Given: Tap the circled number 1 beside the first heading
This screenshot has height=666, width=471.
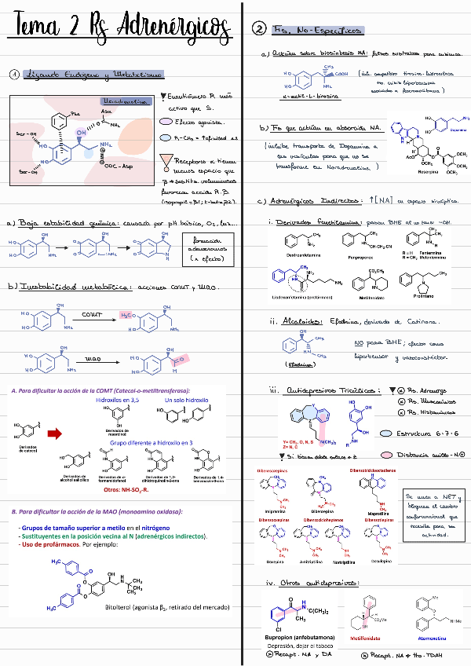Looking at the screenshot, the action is pyautogui.click(x=15, y=75).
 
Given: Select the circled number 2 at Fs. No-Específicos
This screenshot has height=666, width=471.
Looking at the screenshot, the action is pyautogui.click(x=259, y=30).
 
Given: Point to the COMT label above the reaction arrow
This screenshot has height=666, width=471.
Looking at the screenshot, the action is pyautogui.click(x=93, y=314).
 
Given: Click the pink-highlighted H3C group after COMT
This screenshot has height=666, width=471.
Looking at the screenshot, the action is pyautogui.click(x=127, y=316).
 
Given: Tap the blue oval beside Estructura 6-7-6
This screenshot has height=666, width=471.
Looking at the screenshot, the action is pyautogui.click(x=385, y=432).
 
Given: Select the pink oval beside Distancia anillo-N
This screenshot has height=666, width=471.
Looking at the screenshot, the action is pyautogui.click(x=386, y=455).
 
